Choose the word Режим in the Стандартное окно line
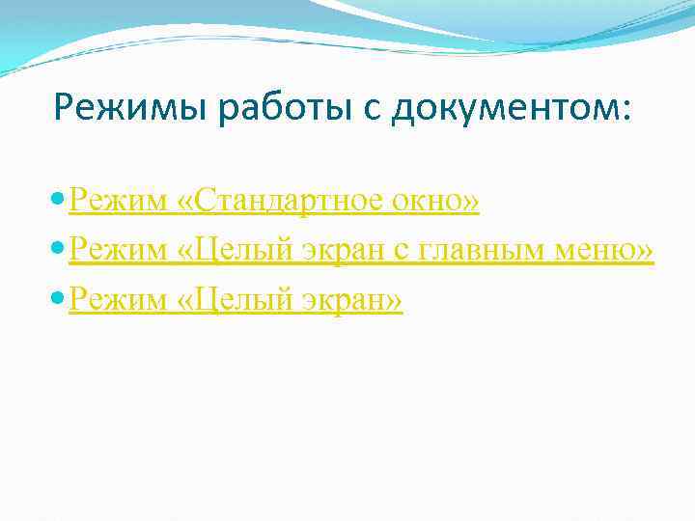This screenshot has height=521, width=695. (x=118, y=202)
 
